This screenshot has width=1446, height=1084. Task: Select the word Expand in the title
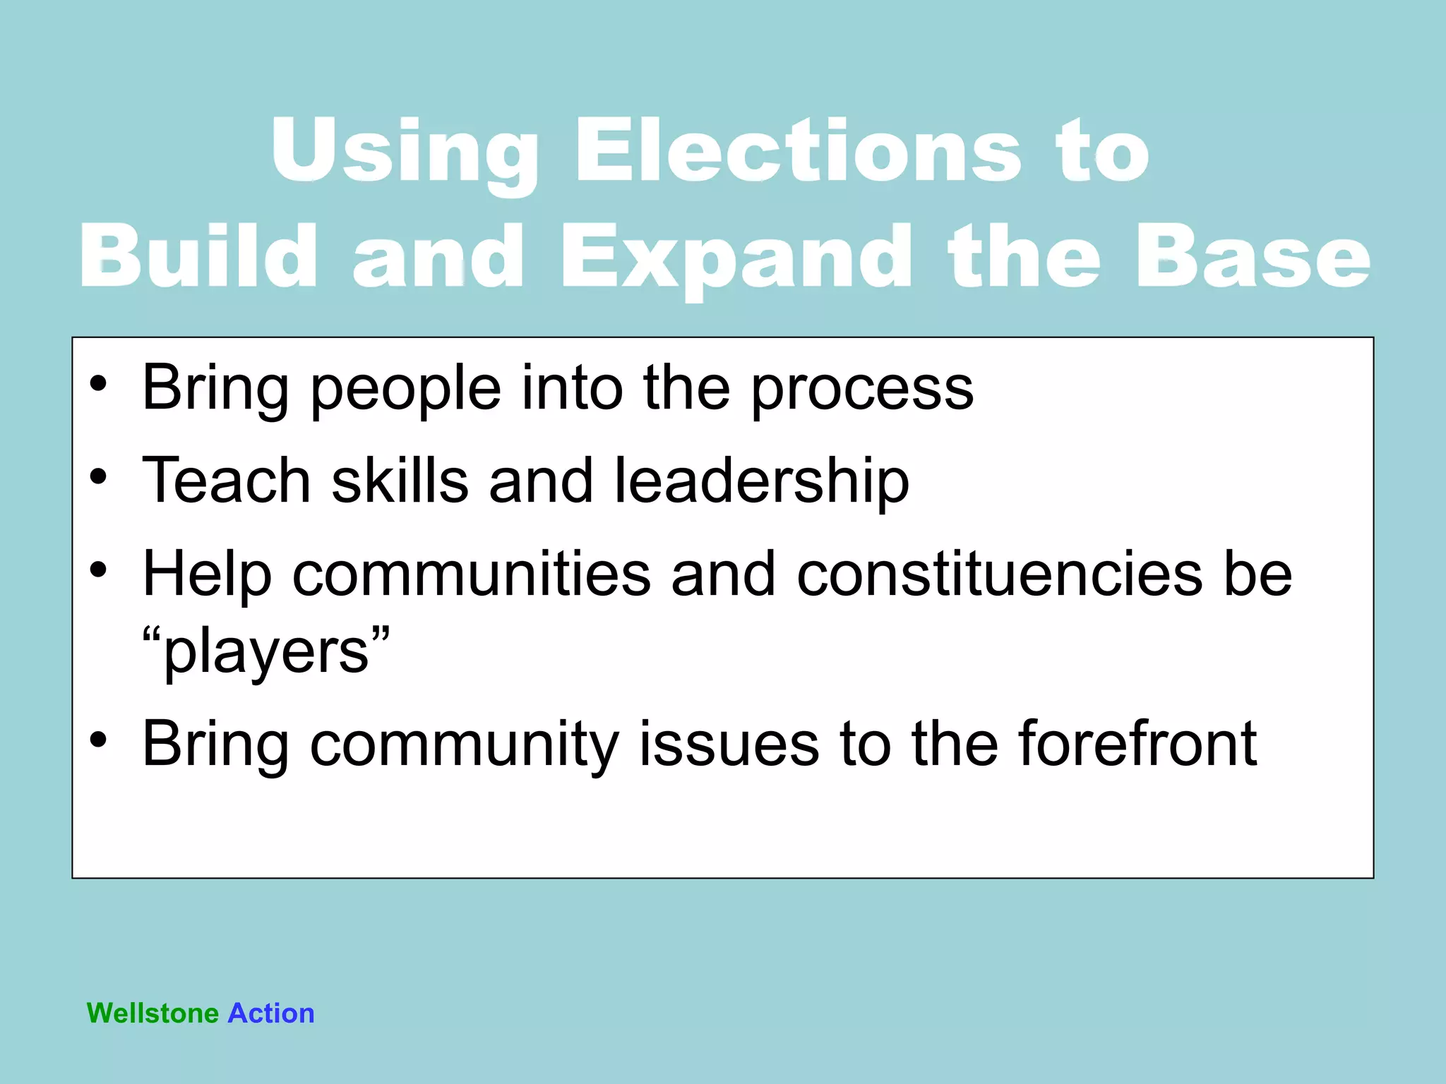(735, 258)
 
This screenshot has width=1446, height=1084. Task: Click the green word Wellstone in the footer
(153, 1013)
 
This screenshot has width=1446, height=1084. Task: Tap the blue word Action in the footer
(271, 1013)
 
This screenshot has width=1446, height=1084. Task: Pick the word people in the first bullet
(405, 389)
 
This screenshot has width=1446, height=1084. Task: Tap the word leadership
(761, 481)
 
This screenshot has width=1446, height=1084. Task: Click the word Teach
(226, 481)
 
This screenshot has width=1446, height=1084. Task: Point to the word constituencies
(999, 574)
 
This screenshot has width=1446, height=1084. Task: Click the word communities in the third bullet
(471, 574)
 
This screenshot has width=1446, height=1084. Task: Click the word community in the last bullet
(464, 745)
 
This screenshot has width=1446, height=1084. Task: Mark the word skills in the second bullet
(400, 481)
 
